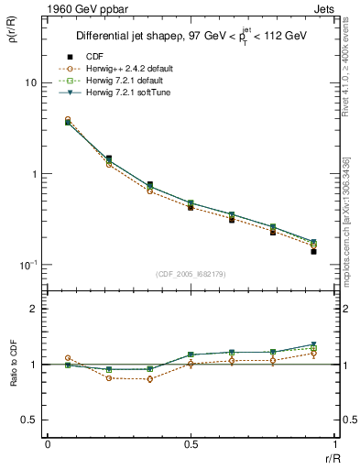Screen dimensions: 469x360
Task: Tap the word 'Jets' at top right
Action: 323,8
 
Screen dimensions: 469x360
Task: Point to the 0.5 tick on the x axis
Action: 191,444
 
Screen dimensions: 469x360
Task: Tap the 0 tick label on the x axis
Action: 47,444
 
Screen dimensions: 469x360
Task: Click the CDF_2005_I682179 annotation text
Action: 191,274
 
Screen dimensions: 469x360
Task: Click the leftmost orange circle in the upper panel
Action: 68,120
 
